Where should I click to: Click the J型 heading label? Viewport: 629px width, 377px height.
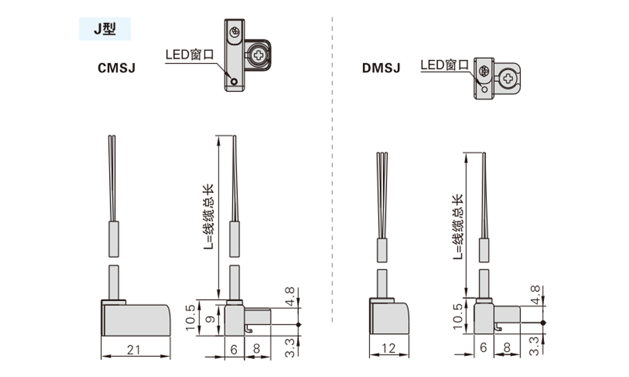coord(105,29)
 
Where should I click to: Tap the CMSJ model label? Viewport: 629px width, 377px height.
coord(117,68)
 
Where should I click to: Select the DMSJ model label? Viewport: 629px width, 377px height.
coord(381,68)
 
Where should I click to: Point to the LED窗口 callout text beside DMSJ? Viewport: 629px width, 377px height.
coord(444,65)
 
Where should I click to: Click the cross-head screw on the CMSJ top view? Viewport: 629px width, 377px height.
coord(258,54)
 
